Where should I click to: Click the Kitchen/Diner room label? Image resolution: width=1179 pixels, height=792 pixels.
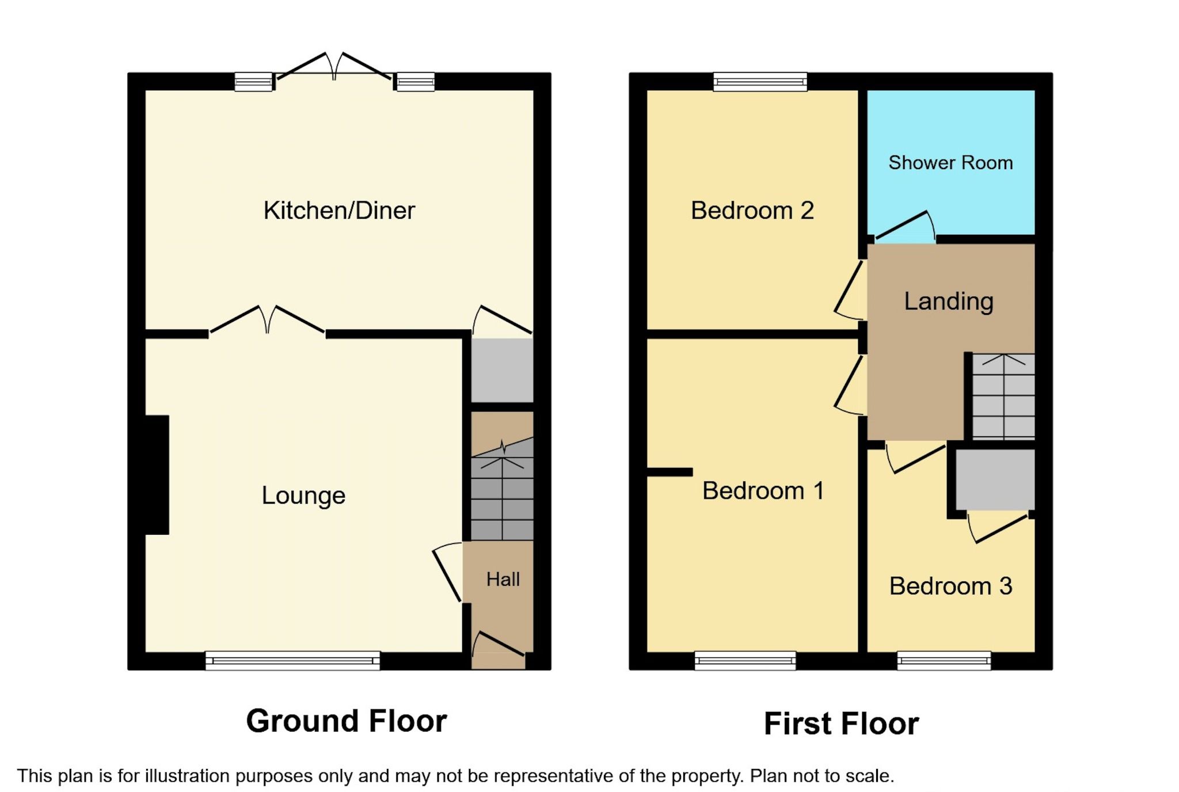tap(339, 211)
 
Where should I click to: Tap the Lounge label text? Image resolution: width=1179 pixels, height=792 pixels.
tap(303, 496)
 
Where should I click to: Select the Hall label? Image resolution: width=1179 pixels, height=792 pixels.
tap(503, 579)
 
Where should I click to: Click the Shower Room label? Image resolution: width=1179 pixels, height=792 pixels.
tap(950, 163)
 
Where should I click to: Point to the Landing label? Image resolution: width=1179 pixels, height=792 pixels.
tap(948, 301)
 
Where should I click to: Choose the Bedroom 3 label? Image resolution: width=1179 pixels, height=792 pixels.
tap(950, 586)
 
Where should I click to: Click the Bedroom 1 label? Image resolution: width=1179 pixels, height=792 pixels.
tap(763, 491)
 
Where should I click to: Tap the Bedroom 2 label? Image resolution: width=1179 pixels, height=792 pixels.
tap(752, 211)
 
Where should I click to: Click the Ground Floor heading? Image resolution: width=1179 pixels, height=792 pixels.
tap(346, 721)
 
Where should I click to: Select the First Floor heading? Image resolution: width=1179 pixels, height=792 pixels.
tap(840, 724)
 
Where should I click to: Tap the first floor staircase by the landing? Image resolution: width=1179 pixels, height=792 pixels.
tap(1003, 397)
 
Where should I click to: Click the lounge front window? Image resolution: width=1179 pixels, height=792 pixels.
tap(292, 660)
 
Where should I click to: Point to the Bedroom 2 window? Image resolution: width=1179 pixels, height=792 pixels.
tap(760, 82)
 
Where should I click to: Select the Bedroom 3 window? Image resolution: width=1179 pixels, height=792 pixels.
tap(944, 660)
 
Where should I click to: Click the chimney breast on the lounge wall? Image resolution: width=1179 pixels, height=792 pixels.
tap(157, 475)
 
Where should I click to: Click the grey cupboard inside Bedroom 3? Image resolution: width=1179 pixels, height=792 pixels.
tap(995, 479)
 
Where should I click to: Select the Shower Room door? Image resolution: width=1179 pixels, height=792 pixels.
tap(905, 227)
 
